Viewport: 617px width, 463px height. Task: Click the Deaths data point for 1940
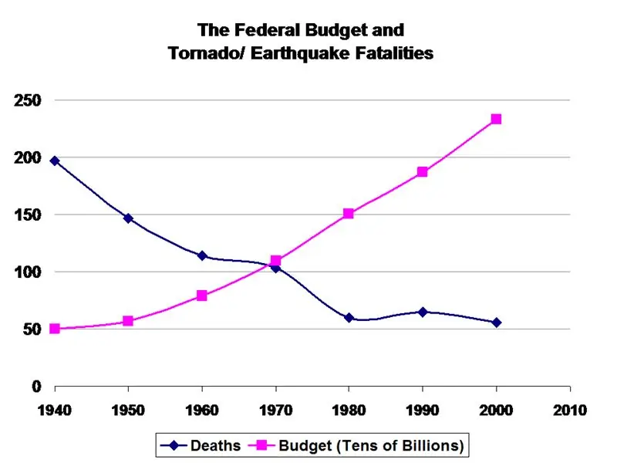pyautogui.click(x=55, y=161)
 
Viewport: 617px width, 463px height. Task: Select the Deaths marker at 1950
pyautogui.click(x=128, y=218)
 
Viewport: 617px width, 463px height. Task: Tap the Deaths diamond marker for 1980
pyautogui.click(x=349, y=317)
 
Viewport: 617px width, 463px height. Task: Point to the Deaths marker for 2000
pyautogui.click(x=496, y=322)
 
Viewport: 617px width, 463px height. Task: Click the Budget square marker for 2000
pyautogui.click(x=496, y=119)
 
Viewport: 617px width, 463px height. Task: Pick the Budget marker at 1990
pyautogui.click(x=423, y=171)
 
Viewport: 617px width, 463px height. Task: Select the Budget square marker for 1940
pyautogui.click(x=55, y=329)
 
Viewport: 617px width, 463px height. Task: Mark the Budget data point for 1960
pyautogui.click(x=202, y=296)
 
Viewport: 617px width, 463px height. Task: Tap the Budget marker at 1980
pyautogui.click(x=349, y=213)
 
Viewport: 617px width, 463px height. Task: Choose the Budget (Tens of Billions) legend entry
pyautogui.click(x=369, y=445)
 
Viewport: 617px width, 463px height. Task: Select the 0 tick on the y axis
pyautogui.click(x=35, y=386)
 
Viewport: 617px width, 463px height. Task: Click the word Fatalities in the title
pyautogui.click(x=386, y=54)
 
